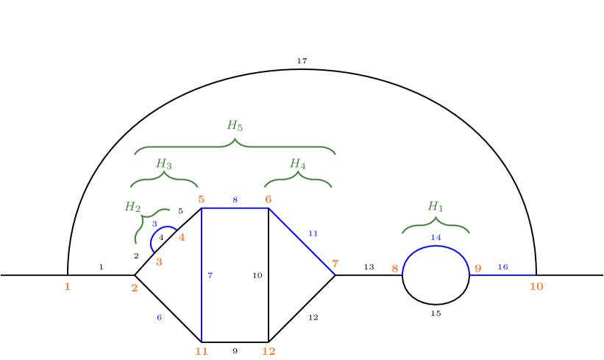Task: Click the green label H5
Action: [x=234, y=126]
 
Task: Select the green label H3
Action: [x=163, y=163]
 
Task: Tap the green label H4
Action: [x=297, y=163]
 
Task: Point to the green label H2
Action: [x=132, y=207]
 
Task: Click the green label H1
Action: [x=436, y=207]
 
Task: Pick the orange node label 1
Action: [x=67, y=286]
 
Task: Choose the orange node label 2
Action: [x=135, y=288]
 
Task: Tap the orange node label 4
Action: [x=182, y=237]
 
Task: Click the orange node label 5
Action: [x=201, y=200]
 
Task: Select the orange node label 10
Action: [x=536, y=286]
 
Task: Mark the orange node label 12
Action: [x=269, y=351]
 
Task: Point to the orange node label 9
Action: [x=477, y=269]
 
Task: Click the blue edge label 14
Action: [x=436, y=237]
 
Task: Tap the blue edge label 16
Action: [x=502, y=267]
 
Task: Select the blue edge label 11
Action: [x=313, y=233]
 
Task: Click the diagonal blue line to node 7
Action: [x=302, y=241]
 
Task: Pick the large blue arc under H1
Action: [x=436, y=247]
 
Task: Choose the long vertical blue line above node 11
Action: [x=202, y=294]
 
